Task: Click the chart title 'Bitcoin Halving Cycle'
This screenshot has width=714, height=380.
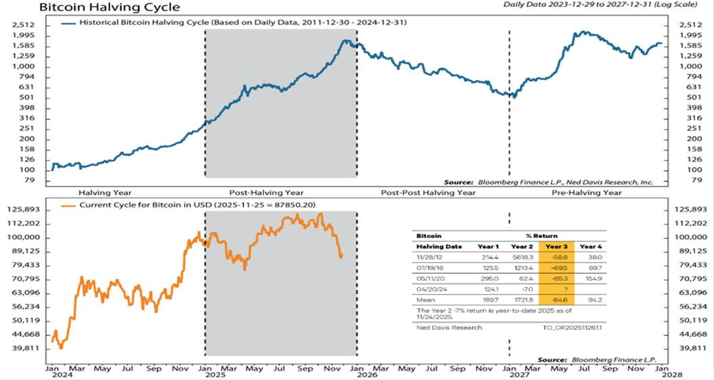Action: pos(110,7)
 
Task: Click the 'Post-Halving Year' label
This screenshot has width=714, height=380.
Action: pos(267,193)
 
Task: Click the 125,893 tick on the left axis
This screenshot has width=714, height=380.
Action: pos(28,210)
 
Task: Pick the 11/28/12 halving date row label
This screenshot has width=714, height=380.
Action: pos(428,258)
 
